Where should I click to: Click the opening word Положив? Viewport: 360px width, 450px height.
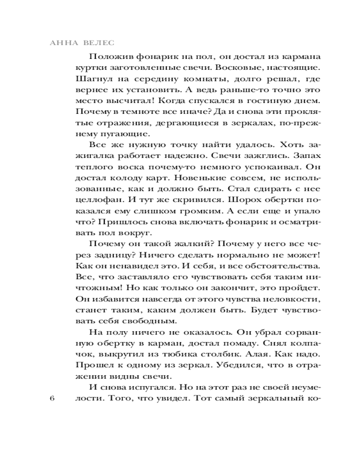[111, 57]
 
